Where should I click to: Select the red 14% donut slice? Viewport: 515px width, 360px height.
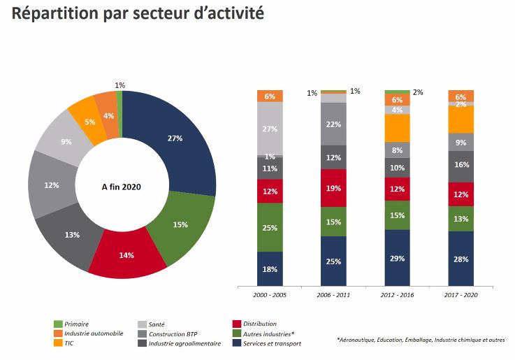pos(126,255)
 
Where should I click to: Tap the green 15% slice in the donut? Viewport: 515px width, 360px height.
pos(180,225)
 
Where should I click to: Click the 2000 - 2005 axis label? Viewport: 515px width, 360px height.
pos(270,296)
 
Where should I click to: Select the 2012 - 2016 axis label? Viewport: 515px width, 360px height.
pos(397,296)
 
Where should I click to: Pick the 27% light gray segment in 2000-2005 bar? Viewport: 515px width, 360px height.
pos(270,129)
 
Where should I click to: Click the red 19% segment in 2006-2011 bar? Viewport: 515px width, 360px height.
pos(333,188)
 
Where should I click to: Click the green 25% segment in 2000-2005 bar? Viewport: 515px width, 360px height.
pos(270,228)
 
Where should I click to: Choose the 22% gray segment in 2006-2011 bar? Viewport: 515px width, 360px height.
pos(333,124)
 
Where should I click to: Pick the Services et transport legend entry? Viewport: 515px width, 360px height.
pos(271,343)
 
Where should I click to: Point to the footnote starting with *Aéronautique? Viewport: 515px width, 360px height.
pos(420,340)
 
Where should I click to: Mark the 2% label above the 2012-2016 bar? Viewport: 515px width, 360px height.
pos(418,92)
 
